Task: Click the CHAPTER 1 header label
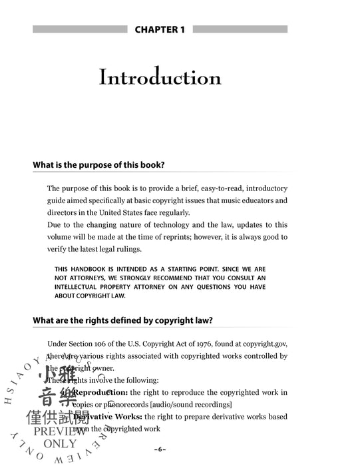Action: tap(160, 29)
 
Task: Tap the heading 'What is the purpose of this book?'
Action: tap(98, 164)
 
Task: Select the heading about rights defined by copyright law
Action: tap(122, 320)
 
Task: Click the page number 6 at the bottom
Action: tap(160, 447)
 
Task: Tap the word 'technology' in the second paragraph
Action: tap(163, 225)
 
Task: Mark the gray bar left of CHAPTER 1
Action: tap(79, 29)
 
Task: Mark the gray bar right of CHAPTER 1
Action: tap(240, 29)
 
